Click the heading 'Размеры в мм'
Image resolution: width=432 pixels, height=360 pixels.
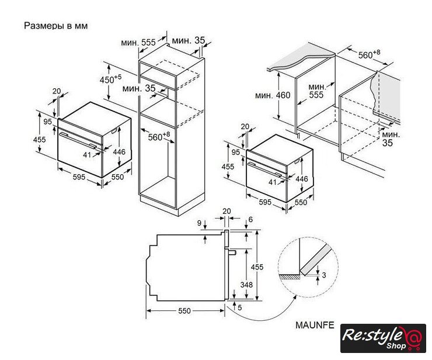coord(55,26)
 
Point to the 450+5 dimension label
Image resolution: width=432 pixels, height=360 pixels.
coord(110,79)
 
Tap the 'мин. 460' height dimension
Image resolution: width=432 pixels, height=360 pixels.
coord(273,95)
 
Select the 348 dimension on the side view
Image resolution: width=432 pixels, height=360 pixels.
coord(246,285)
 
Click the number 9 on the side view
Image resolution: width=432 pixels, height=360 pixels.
coord(199,223)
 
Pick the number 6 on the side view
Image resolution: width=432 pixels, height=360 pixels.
coord(250,219)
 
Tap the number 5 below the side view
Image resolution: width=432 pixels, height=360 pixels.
coord(240,307)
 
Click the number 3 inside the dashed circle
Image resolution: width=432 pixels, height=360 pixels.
coord(324,275)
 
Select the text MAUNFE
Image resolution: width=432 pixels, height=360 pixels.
coord(315,325)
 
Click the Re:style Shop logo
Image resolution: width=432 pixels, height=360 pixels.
coord(383,338)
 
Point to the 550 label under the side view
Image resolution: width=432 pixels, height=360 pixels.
coord(184,311)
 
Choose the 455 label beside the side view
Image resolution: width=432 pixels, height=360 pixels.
coord(257,267)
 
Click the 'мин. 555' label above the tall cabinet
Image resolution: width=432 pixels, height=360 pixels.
coord(138,43)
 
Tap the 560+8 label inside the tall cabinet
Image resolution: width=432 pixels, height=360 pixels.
coord(159,136)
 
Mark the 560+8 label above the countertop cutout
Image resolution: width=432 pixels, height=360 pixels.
coord(369,54)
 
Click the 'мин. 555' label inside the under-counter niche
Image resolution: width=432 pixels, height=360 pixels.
coord(317,91)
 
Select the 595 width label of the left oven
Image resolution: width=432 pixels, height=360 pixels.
coord(79,177)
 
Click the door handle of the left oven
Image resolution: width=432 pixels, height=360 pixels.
coord(78,140)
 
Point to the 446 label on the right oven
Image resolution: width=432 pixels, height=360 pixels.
coord(302,179)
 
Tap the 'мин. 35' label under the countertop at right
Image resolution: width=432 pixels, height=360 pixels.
coord(391,139)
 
